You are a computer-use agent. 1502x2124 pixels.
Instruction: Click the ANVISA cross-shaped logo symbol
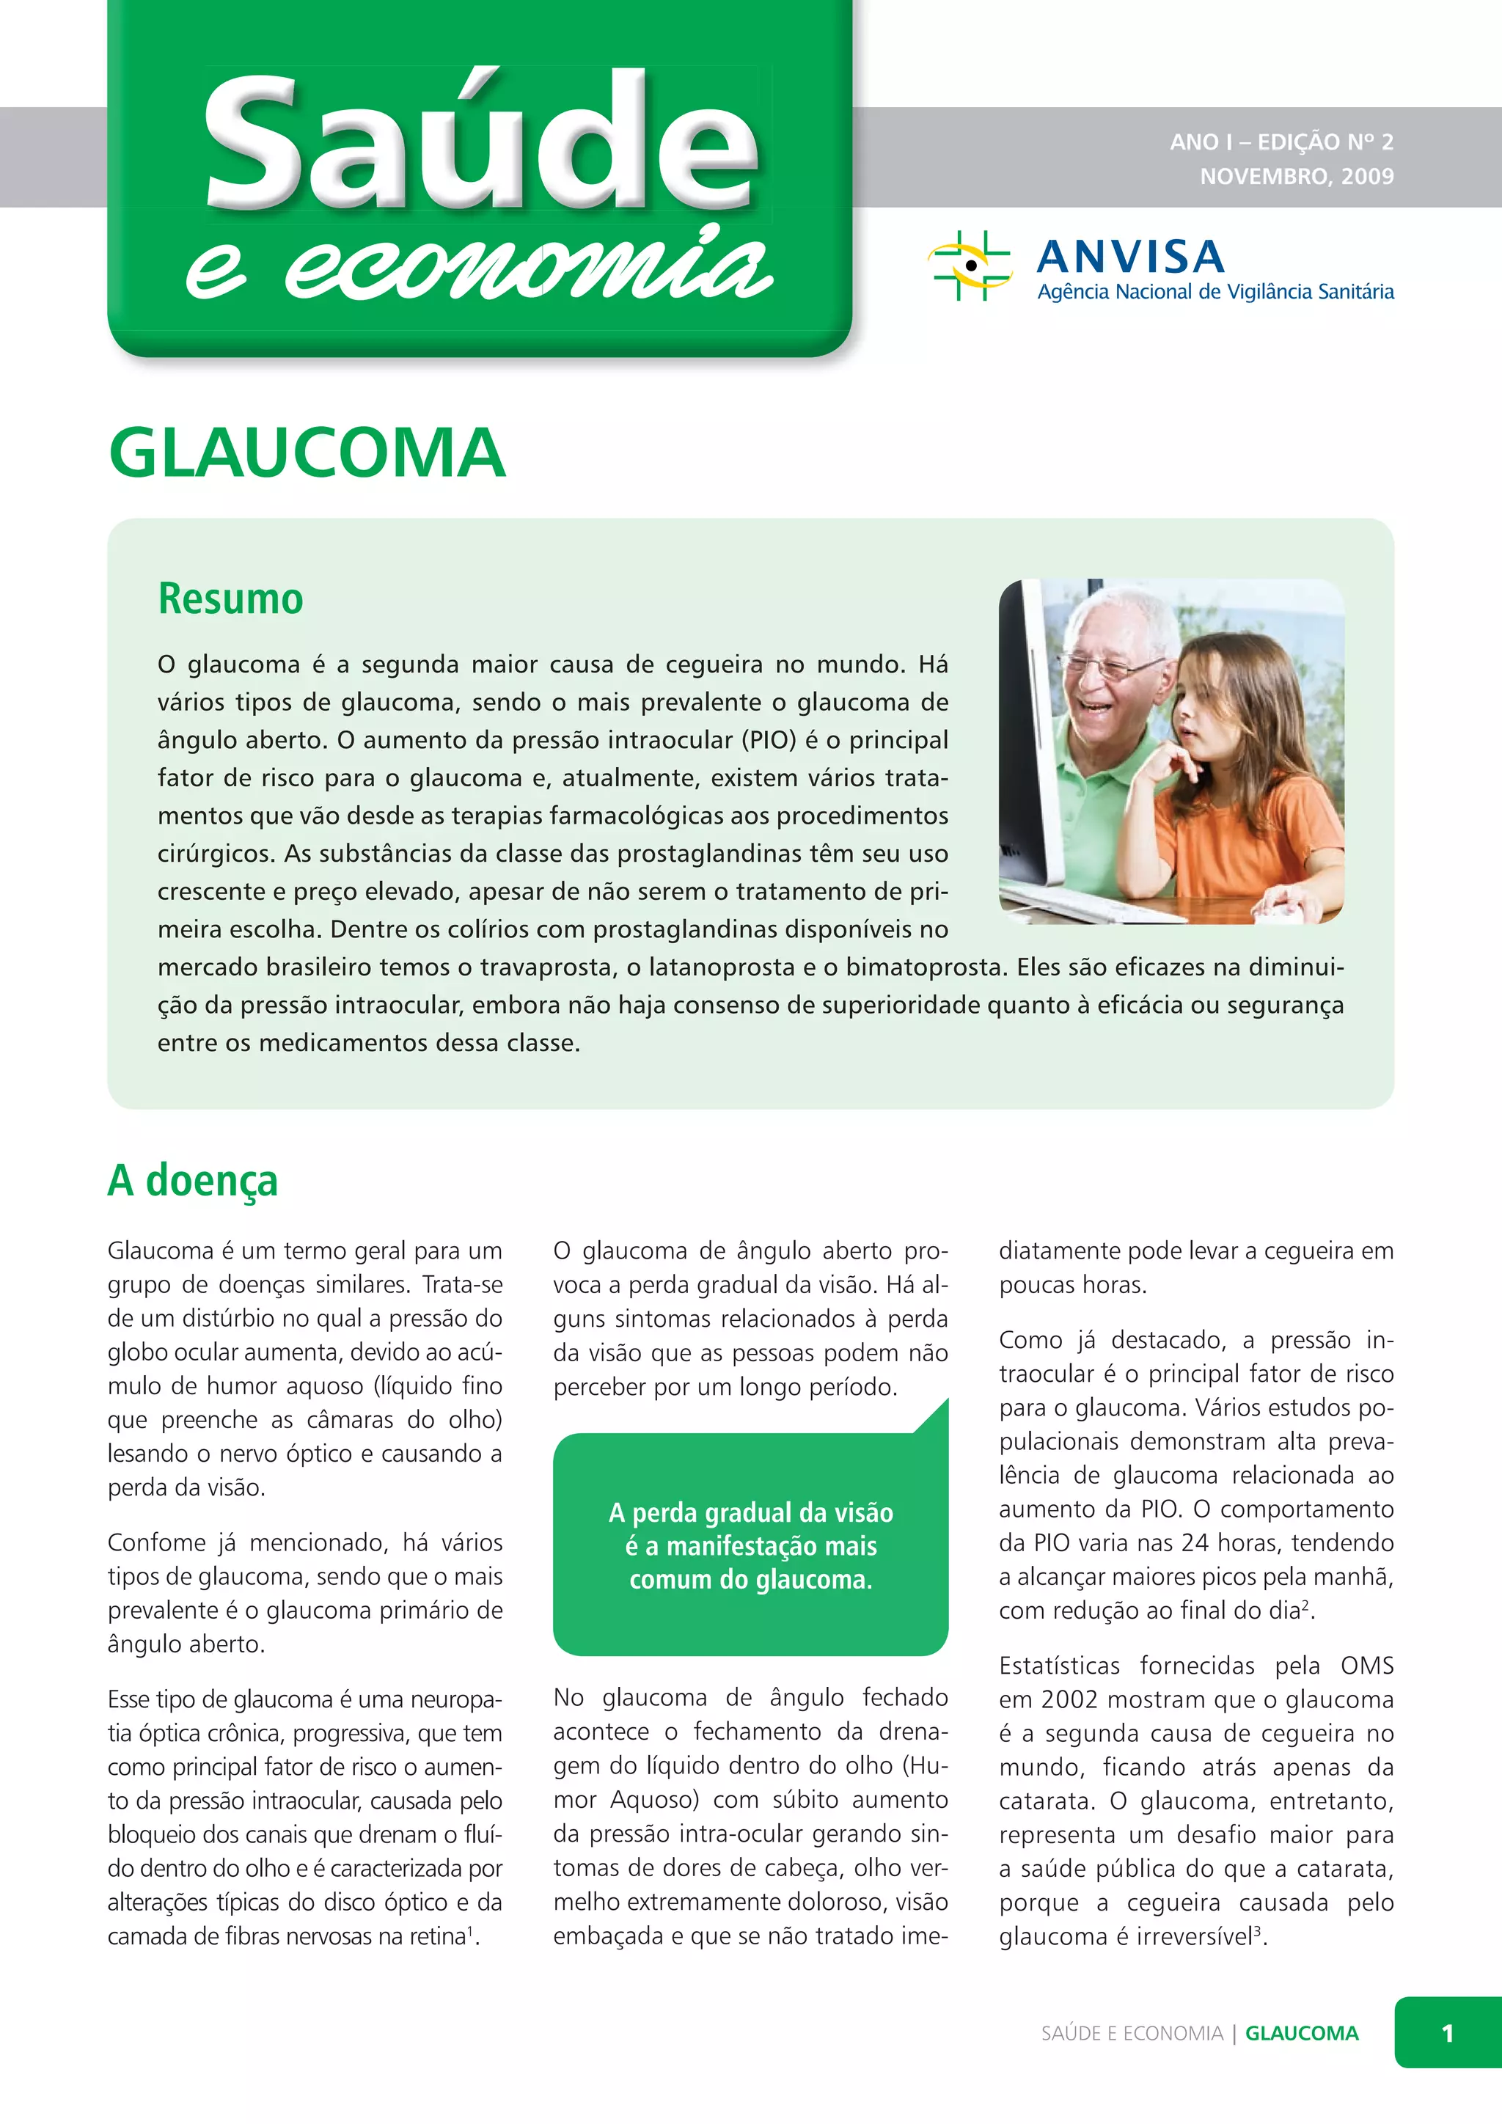click(x=970, y=265)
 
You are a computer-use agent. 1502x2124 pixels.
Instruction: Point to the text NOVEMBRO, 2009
click(x=1296, y=176)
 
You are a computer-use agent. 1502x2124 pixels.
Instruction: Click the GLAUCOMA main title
click(x=307, y=453)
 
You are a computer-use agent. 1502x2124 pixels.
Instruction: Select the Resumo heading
click(x=230, y=598)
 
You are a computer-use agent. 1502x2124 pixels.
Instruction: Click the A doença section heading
click(x=192, y=1180)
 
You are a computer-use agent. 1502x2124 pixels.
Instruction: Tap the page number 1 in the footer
click(x=1446, y=2033)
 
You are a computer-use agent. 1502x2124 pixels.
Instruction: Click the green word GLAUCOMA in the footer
click(x=1301, y=2033)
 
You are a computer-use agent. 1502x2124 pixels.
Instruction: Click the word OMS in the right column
click(x=1366, y=1665)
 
